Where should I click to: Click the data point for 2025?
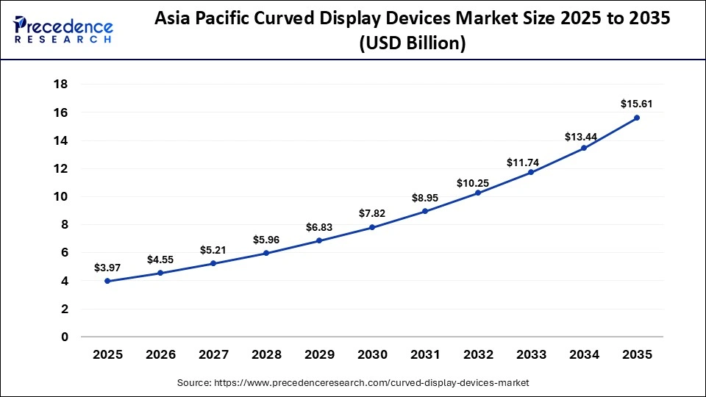(x=107, y=281)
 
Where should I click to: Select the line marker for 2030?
(x=372, y=227)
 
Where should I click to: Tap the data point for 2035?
(x=637, y=118)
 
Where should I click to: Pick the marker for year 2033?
(x=531, y=172)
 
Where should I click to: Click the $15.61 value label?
(x=637, y=104)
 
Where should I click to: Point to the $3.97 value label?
(x=107, y=268)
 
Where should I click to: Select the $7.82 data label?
(x=372, y=213)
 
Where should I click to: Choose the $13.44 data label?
(x=584, y=136)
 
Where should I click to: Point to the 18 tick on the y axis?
(x=61, y=85)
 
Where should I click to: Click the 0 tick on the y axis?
(x=65, y=337)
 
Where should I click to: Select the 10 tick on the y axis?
(x=61, y=196)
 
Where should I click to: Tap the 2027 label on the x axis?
(x=213, y=355)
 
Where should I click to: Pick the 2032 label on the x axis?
(x=478, y=355)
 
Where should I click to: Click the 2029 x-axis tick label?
(x=319, y=355)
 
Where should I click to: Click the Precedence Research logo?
(x=63, y=30)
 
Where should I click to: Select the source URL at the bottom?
(x=353, y=383)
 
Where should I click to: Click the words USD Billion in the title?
(x=412, y=44)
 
